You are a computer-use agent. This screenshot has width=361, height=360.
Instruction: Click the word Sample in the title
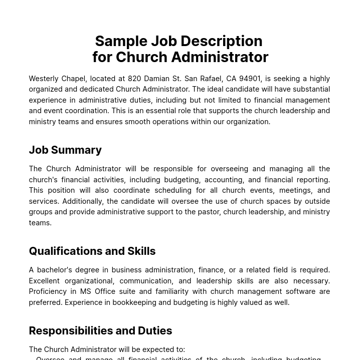(x=121, y=41)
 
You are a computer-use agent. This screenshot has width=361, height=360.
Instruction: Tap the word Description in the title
(x=221, y=41)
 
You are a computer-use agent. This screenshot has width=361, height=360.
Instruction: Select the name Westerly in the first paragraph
(x=43, y=79)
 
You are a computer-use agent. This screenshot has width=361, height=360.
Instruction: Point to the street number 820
(x=134, y=79)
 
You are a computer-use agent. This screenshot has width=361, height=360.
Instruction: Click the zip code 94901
(x=250, y=79)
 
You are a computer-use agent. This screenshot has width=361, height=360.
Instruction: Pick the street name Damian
(x=156, y=79)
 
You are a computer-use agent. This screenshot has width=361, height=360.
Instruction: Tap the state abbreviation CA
(x=231, y=79)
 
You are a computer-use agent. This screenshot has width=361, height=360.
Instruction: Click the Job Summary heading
(x=65, y=150)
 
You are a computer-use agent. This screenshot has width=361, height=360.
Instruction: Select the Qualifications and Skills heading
(x=92, y=251)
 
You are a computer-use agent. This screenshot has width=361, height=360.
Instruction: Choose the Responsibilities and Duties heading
(x=100, y=330)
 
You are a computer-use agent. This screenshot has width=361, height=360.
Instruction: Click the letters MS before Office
(x=85, y=291)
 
